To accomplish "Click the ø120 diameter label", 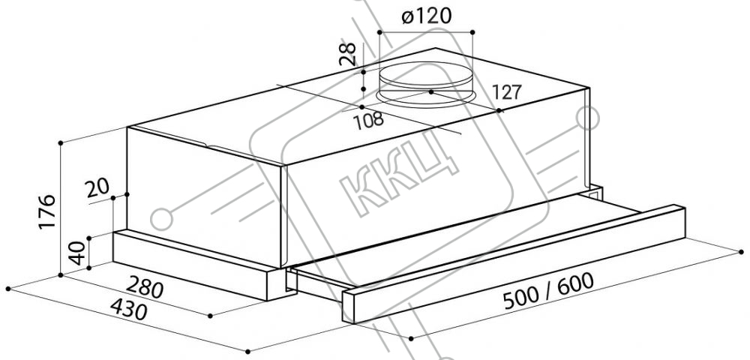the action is coord(427,16).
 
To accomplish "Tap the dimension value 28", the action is coord(348,54).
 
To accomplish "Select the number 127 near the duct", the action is coord(506,91).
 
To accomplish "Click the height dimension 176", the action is coord(47,211).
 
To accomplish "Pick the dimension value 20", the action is coord(97,188).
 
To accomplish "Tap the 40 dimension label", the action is coord(77,253).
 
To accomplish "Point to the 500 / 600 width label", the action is coord(549,291).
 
